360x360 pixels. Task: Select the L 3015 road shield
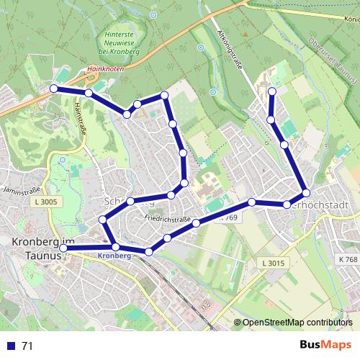[x=274, y=263]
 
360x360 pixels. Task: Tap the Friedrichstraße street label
[x=166, y=217]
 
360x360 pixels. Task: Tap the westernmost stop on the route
[x=53, y=89]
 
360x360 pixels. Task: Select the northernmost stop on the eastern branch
[x=272, y=91]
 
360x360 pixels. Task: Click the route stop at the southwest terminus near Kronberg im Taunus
[x=63, y=248]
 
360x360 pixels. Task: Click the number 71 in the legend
[x=27, y=346]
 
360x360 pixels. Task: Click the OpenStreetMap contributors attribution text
[x=297, y=323]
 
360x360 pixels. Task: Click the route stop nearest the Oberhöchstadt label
[x=306, y=192]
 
